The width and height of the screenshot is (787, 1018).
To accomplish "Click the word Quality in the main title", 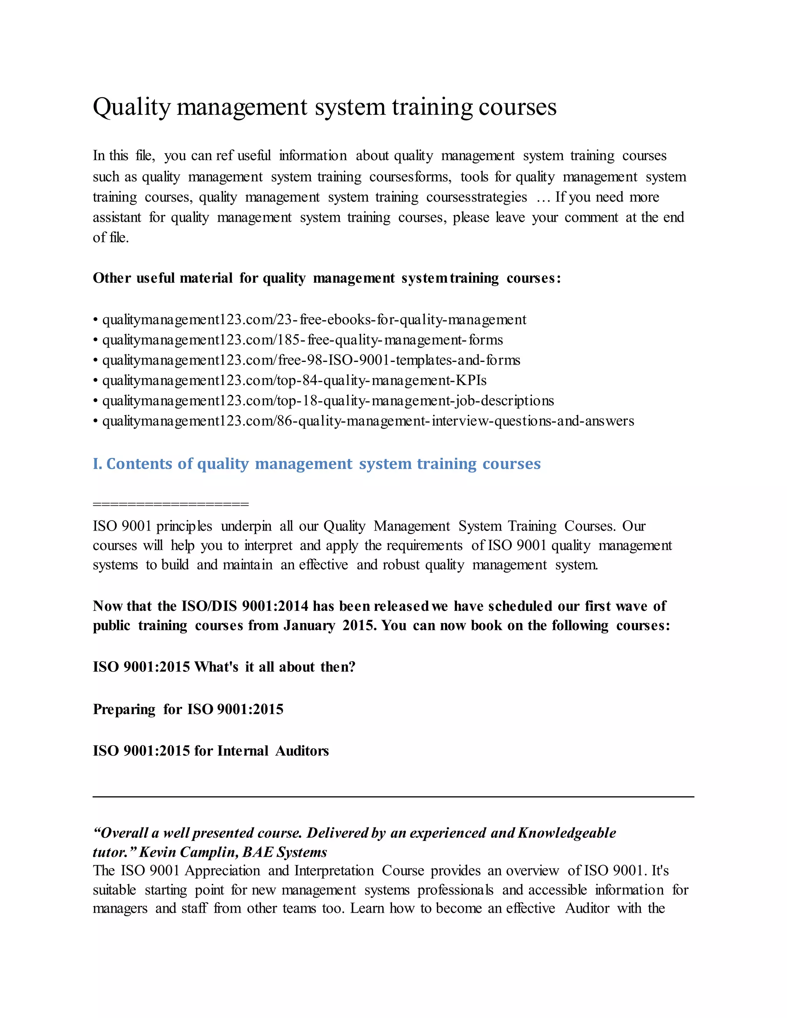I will point(132,107).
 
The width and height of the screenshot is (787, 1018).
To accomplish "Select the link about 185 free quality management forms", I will point(302,340).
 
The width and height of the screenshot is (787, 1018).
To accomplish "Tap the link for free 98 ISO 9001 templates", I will point(310,360).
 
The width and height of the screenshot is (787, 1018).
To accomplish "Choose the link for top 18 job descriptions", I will point(328,401).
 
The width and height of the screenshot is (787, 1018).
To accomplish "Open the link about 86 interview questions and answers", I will point(368,421).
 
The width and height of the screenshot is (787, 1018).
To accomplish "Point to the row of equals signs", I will point(171,504).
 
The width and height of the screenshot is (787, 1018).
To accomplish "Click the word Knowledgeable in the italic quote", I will point(566,833).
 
